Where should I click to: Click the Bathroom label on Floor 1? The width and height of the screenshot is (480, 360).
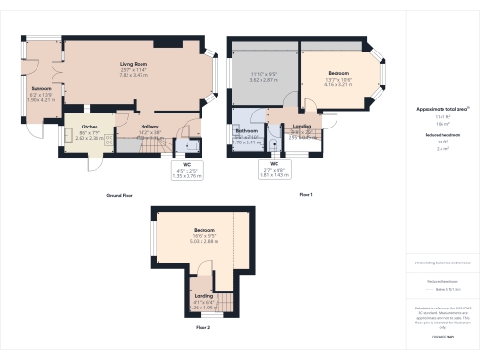coord(247,131)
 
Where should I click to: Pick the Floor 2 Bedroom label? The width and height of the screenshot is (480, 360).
coord(204,230)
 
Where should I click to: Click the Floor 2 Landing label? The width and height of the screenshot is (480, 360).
coord(203,297)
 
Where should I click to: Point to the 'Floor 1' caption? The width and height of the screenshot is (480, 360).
coord(306,194)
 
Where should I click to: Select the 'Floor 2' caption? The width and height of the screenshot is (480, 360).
coord(203,328)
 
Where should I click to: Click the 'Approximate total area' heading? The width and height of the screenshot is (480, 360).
coord(442,109)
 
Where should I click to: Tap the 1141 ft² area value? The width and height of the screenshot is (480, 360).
coord(442,116)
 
